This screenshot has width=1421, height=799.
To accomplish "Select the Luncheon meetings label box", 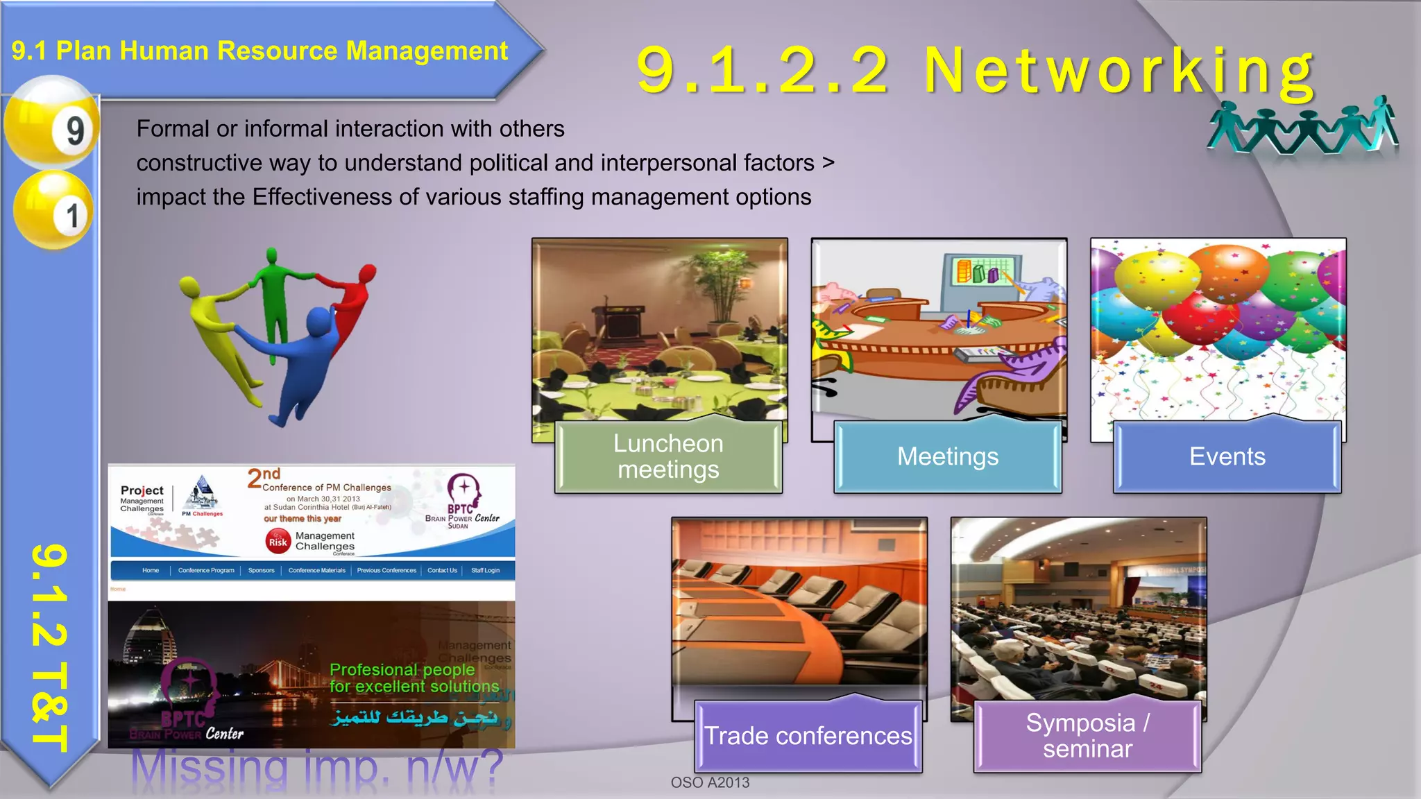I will [668, 456].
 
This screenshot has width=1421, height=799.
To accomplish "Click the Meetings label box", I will [948, 456].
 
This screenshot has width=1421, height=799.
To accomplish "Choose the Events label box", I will [1227, 456].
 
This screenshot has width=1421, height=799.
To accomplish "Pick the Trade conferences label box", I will [808, 736].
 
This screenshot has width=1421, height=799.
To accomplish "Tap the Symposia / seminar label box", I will [1087, 736].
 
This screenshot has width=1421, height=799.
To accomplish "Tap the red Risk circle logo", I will [278, 542].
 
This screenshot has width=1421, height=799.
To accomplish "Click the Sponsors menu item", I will [262, 571].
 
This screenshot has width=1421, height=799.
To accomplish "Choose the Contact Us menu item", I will [442, 571].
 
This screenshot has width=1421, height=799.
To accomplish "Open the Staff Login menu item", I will [485, 571].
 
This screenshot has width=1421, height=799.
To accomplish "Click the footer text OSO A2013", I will [710, 782].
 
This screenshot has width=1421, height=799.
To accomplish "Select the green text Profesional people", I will [402, 670].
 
